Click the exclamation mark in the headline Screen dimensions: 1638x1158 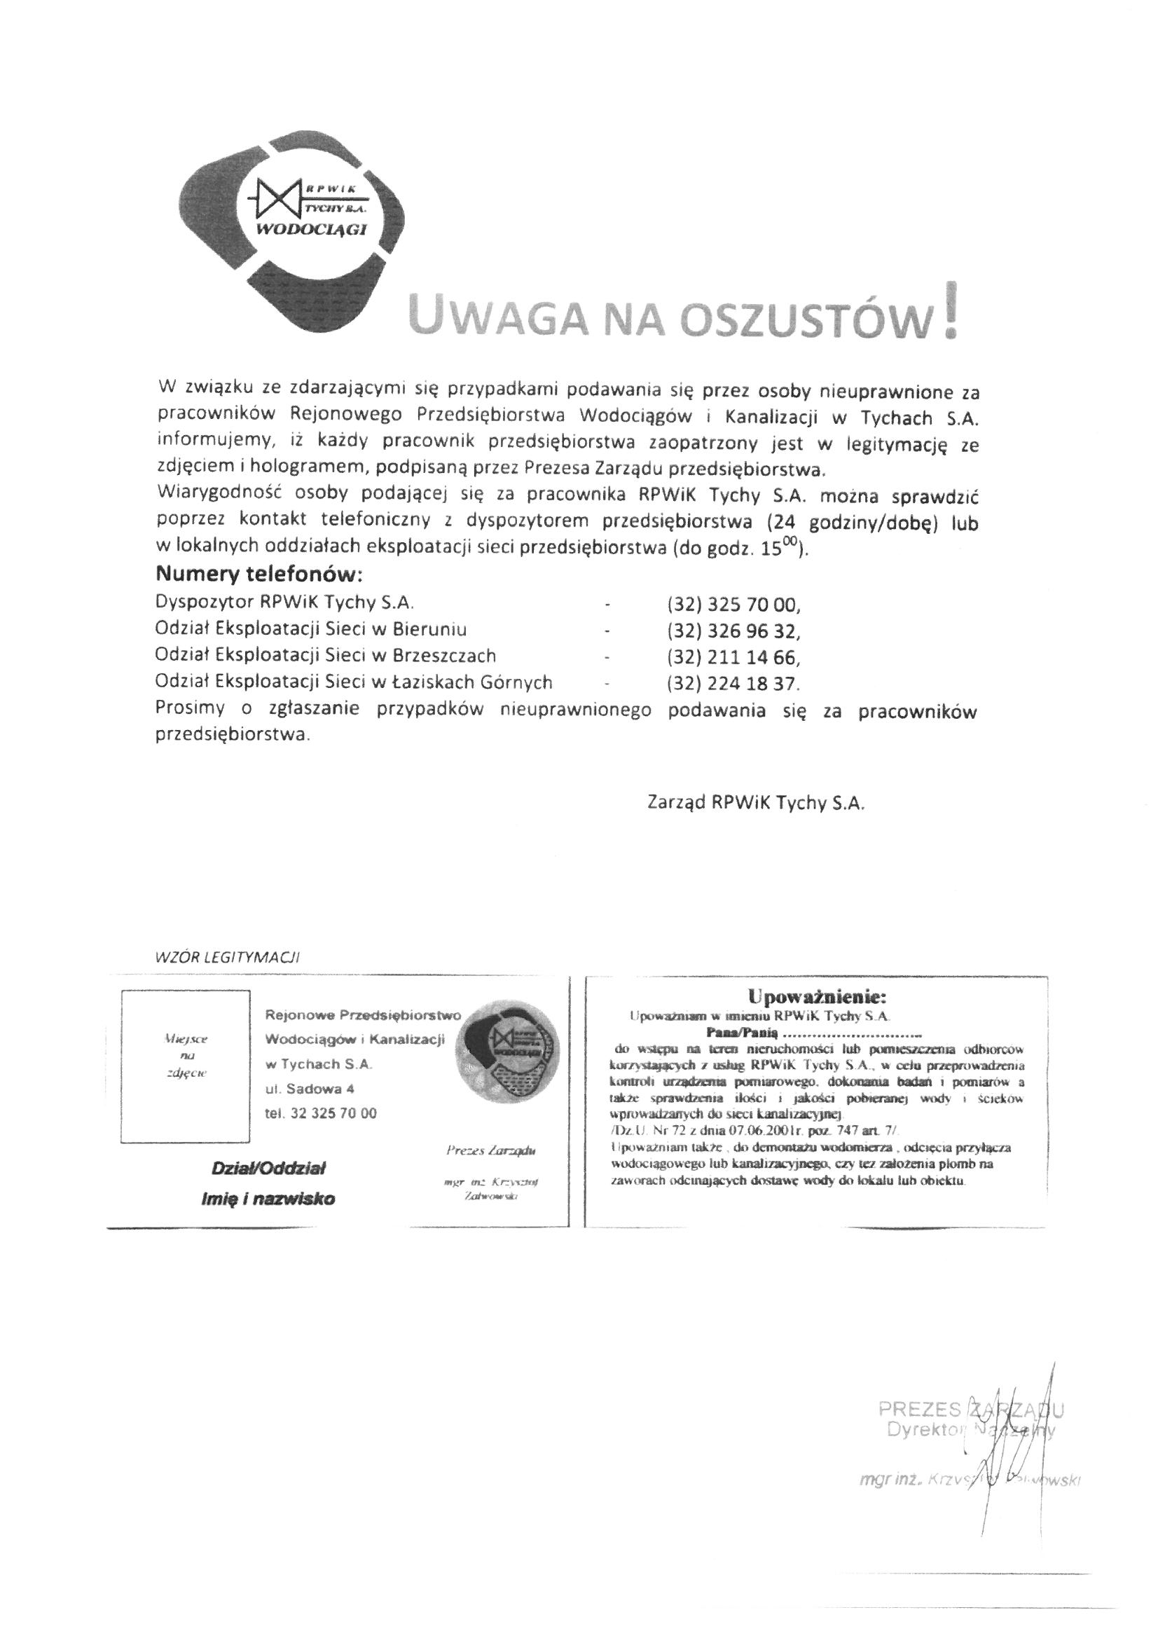949,312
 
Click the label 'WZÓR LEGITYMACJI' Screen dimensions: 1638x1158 227,958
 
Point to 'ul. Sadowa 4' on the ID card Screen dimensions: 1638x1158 310,1089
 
